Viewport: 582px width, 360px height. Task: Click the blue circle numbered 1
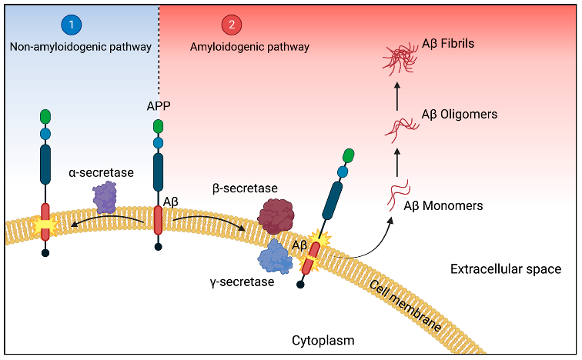(x=72, y=25)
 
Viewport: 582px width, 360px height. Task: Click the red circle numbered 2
(x=231, y=25)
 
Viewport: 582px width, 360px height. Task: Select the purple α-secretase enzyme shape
(x=105, y=198)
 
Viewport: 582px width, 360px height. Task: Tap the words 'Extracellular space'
(x=505, y=269)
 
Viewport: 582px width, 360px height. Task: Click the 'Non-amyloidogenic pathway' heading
(x=80, y=47)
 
